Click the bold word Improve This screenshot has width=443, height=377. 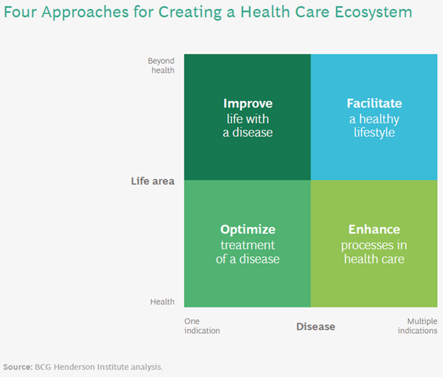click(247, 104)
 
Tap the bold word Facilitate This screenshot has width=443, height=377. click(374, 104)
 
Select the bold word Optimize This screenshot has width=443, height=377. click(247, 230)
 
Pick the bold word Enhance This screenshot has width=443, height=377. click(374, 230)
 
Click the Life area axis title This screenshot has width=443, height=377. click(152, 181)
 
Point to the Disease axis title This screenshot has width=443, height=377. click(316, 326)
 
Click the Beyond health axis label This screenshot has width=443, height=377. click(161, 66)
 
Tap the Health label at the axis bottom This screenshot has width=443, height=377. click(163, 302)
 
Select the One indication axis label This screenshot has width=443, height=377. click(201, 326)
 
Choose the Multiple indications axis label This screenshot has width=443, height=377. click(418, 326)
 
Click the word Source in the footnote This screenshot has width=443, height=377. click(18, 366)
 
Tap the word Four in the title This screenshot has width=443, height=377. click(20, 13)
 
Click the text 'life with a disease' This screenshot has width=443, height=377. click(247, 125)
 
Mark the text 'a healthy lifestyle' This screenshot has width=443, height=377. click(374, 125)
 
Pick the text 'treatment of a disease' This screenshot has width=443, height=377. click(247, 252)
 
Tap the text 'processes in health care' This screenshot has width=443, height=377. click(374, 252)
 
